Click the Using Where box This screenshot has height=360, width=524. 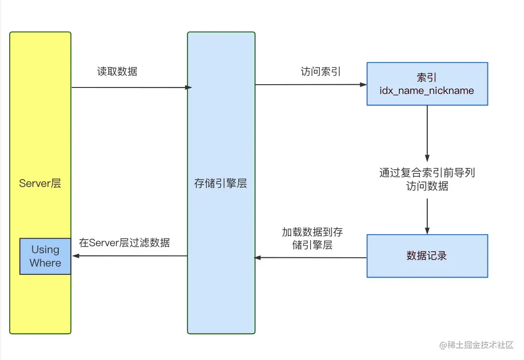pyautogui.click(x=45, y=256)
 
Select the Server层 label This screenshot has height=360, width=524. pyautogui.click(x=40, y=183)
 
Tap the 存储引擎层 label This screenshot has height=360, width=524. pyautogui.click(x=220, y=183)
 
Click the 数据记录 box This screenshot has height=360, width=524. pyautogui.click(x=427, y=256)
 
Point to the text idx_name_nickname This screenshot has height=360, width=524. pyautogui.click(x=427, y=90)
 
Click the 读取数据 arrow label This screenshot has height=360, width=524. pyautogui.click(x=117, y=72)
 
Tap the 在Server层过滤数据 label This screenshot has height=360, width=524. pyautogui.click(x=124, y=242)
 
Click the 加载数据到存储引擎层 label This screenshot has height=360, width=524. pyautogui.click(x=312, y=238)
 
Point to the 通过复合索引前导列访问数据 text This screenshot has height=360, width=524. pyautogui.click(x=427, y=180)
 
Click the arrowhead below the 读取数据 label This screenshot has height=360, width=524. pyautogui.click(x=188, y=87)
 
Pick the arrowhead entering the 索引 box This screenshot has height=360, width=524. pyautogui.click(x=363, y=85)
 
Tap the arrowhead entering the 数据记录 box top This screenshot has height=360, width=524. pyautogui.click(x=427, y=231)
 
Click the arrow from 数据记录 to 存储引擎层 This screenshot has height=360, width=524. pyautogui.click(x=310, y=258)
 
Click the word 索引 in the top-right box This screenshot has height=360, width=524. pyautogui.click(x=427, y=77)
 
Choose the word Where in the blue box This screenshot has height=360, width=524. pyautogui.click(x=45, y=263)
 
